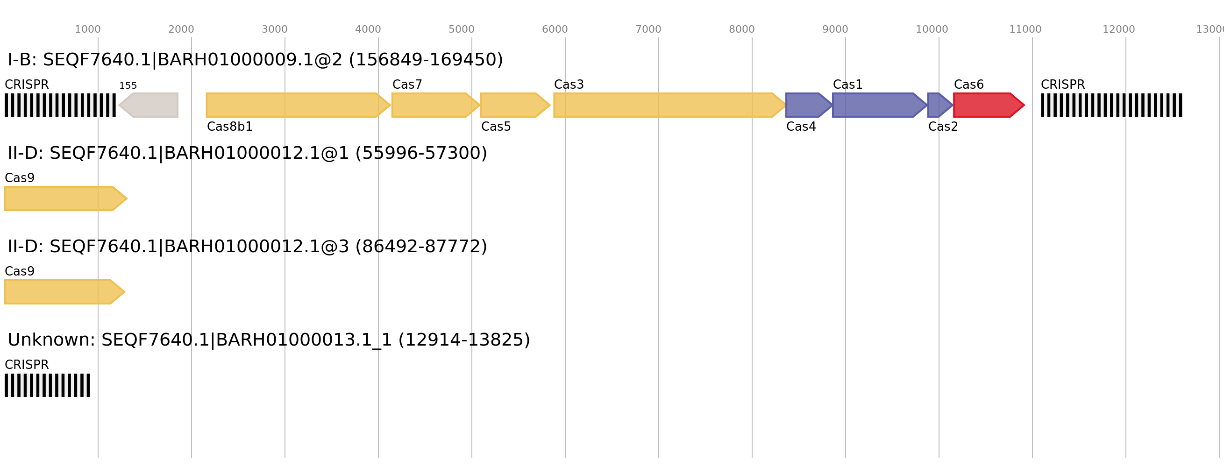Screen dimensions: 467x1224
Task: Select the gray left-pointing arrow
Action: coord(149,105)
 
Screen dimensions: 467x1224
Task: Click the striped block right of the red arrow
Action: coord(1111,105)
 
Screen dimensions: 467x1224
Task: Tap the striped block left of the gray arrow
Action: coord(60,105)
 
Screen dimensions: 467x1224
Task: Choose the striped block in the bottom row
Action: coord(47,385)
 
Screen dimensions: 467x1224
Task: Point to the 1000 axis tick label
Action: coord(87,29)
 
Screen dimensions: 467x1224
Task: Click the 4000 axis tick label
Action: coord(368,29)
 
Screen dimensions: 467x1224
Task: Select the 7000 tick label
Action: coord(648,29)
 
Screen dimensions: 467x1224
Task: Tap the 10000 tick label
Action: coord(931,29)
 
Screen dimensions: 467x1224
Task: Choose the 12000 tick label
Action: coord(1118,29)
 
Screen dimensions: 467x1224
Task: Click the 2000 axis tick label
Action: coord(181,29)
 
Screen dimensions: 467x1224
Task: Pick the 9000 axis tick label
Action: coord(835,29)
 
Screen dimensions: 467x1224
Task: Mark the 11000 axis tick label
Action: coord(1025,29)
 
